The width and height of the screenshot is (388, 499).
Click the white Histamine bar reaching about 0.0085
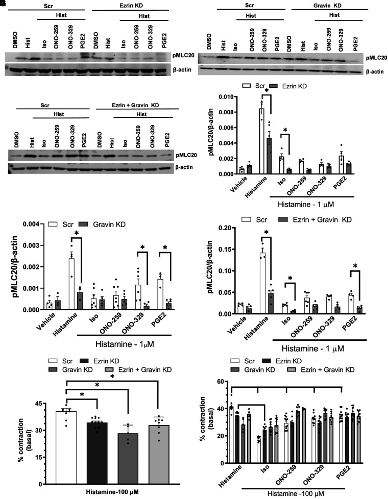pos(262,141)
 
